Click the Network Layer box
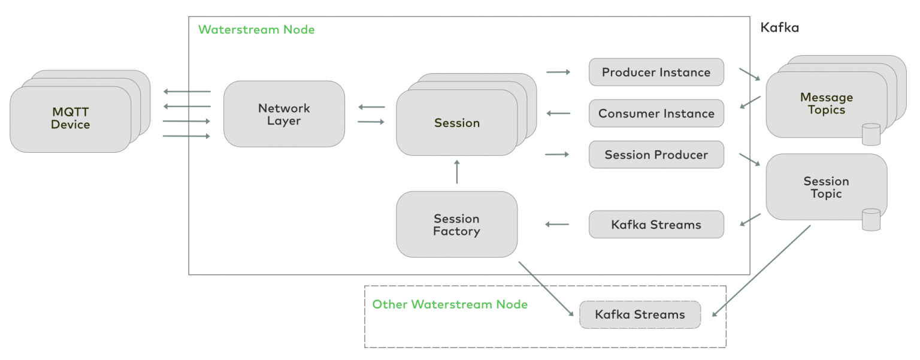point(284,114)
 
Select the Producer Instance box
point(656,72)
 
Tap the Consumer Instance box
point(656,114)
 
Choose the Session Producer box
point(656,155)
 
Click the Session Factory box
point(456,225)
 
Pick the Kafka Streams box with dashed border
point(640,315)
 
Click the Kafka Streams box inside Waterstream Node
point(656,225)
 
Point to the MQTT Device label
point(70,119)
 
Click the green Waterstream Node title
point(256,29)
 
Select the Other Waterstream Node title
point(450,304)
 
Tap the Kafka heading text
point(779,28)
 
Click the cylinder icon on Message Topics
point(870,134)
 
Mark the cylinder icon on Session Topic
point(870,219)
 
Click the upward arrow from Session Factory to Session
point(456,171)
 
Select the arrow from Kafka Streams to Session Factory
point(557,225)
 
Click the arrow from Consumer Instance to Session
point(558,113)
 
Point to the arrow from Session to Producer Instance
point(558,72)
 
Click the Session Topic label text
point(826,187)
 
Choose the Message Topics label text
point(826,104)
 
